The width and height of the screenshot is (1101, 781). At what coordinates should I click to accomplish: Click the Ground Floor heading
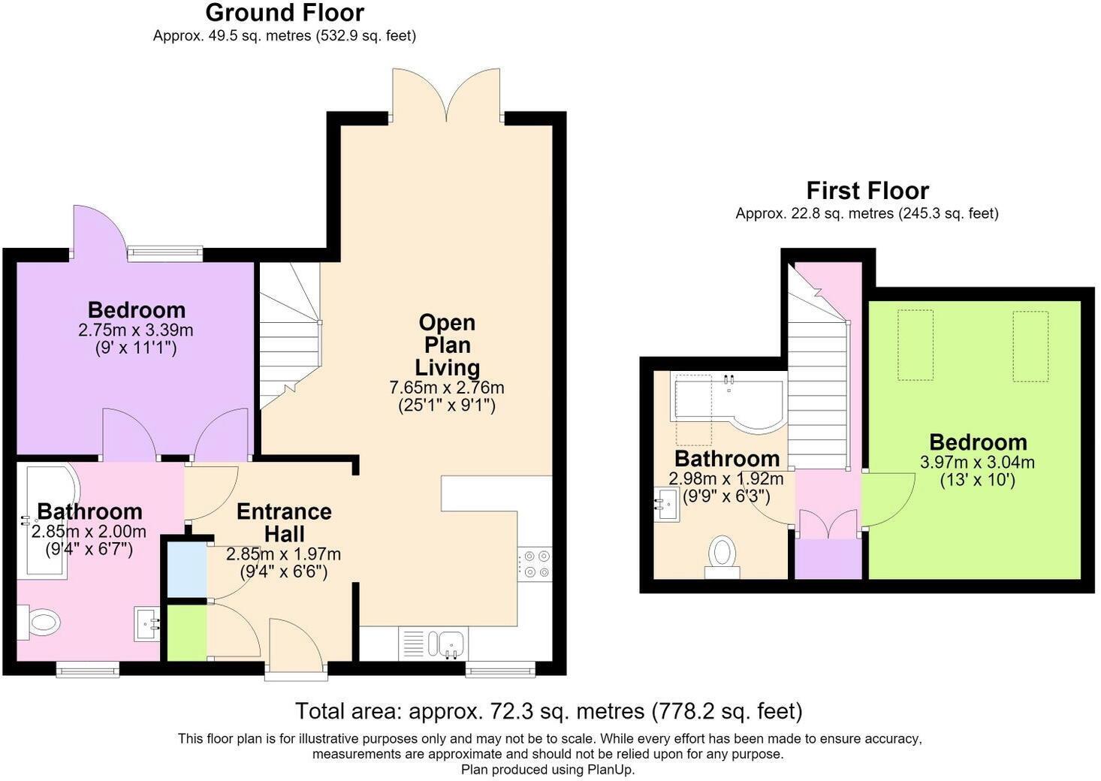(x=285, y=14)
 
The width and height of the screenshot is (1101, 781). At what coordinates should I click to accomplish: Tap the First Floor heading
(x=867, y=191)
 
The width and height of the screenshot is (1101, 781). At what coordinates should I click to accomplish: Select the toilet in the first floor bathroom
(x=722, y=556)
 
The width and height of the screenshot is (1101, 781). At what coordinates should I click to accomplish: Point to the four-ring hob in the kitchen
(x=535, y=564)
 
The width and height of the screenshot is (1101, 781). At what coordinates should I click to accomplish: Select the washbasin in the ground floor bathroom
(x=147, y=623)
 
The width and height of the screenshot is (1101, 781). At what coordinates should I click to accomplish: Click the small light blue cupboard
(x=187, y=569)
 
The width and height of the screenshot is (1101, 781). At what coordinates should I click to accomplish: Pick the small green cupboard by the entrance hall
(x=187, y=632)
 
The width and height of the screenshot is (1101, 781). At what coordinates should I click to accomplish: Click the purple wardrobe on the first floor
(x=828, y=559)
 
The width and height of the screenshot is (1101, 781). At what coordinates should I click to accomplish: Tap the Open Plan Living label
(x=448, y=345)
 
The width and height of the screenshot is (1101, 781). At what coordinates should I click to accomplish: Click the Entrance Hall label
(x=284, y=523)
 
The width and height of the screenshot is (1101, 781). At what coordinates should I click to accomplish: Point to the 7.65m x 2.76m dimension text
(x=447, y=387)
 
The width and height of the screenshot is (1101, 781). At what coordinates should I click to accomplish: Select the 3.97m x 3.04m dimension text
(x=977, y=462)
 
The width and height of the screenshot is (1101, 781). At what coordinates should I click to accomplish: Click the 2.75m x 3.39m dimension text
(x=136, y=330)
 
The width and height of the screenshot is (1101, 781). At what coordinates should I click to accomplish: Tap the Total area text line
(x=548, y=711)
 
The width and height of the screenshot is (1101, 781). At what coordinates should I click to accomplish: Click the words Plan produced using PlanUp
(x=547, y=769)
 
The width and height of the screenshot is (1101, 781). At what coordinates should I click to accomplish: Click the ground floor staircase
(x=290, y=335)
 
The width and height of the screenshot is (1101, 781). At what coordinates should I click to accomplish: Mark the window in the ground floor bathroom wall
(x=87, y=669)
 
